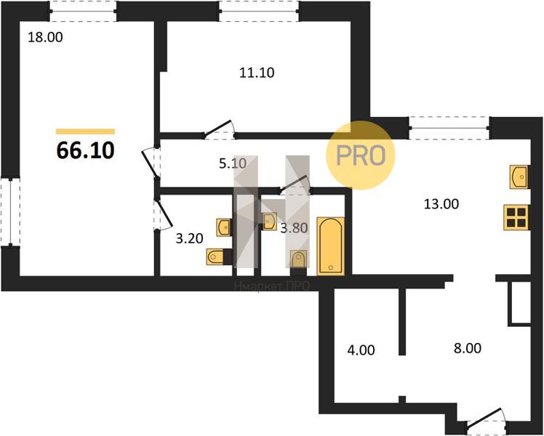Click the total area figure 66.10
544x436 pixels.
[85, 150]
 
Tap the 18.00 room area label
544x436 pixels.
[45, 37]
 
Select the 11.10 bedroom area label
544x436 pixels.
[257, 73]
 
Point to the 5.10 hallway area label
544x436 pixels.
[233, 163]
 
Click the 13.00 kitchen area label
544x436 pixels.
[441, 204]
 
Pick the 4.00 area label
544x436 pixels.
[361, 350]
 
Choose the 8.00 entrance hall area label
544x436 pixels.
[468, 348]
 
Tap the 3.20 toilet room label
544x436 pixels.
[189, 238]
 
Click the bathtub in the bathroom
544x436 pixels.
[331, 246]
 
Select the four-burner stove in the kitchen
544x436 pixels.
[516, 217]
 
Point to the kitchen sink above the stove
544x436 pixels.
[519, 177]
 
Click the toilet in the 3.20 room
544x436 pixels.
[215, 257]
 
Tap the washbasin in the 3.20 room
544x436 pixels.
[223, 227]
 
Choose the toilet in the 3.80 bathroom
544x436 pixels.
[298, 259]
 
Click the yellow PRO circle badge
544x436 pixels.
[361, 156]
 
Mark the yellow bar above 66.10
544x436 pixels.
[85, 132]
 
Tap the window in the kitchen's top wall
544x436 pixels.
[449, 128]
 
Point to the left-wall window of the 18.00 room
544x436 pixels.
[10, 212]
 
